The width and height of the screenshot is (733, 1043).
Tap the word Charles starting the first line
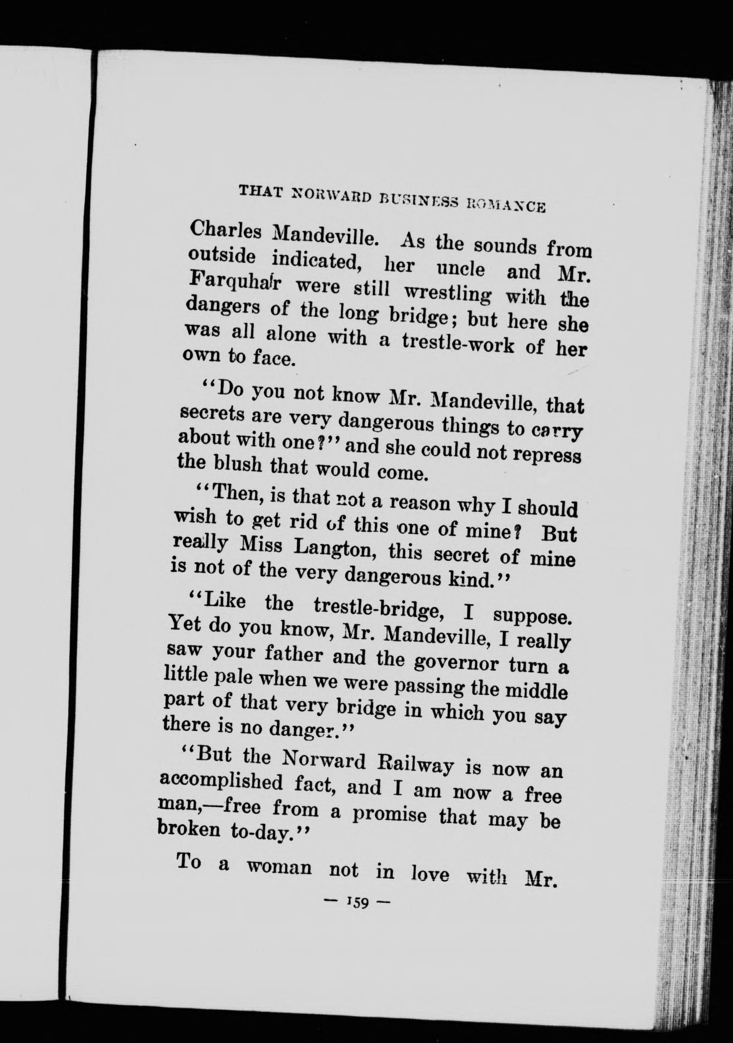point(226,233)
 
